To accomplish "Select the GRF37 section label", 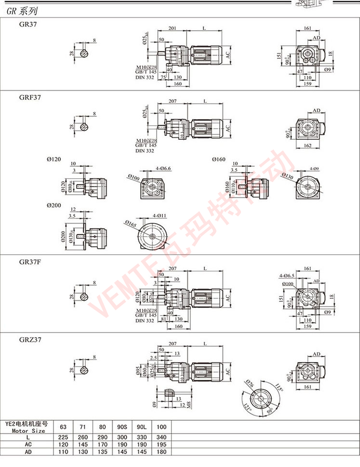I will [30, 97].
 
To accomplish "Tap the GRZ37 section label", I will [30, 339].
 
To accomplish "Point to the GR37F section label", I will [30, 262].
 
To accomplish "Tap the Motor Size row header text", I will [28, 431].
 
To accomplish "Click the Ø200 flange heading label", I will [54, 205].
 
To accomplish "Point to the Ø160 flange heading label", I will [218, 159].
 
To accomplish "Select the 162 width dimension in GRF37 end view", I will [307, 145].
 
